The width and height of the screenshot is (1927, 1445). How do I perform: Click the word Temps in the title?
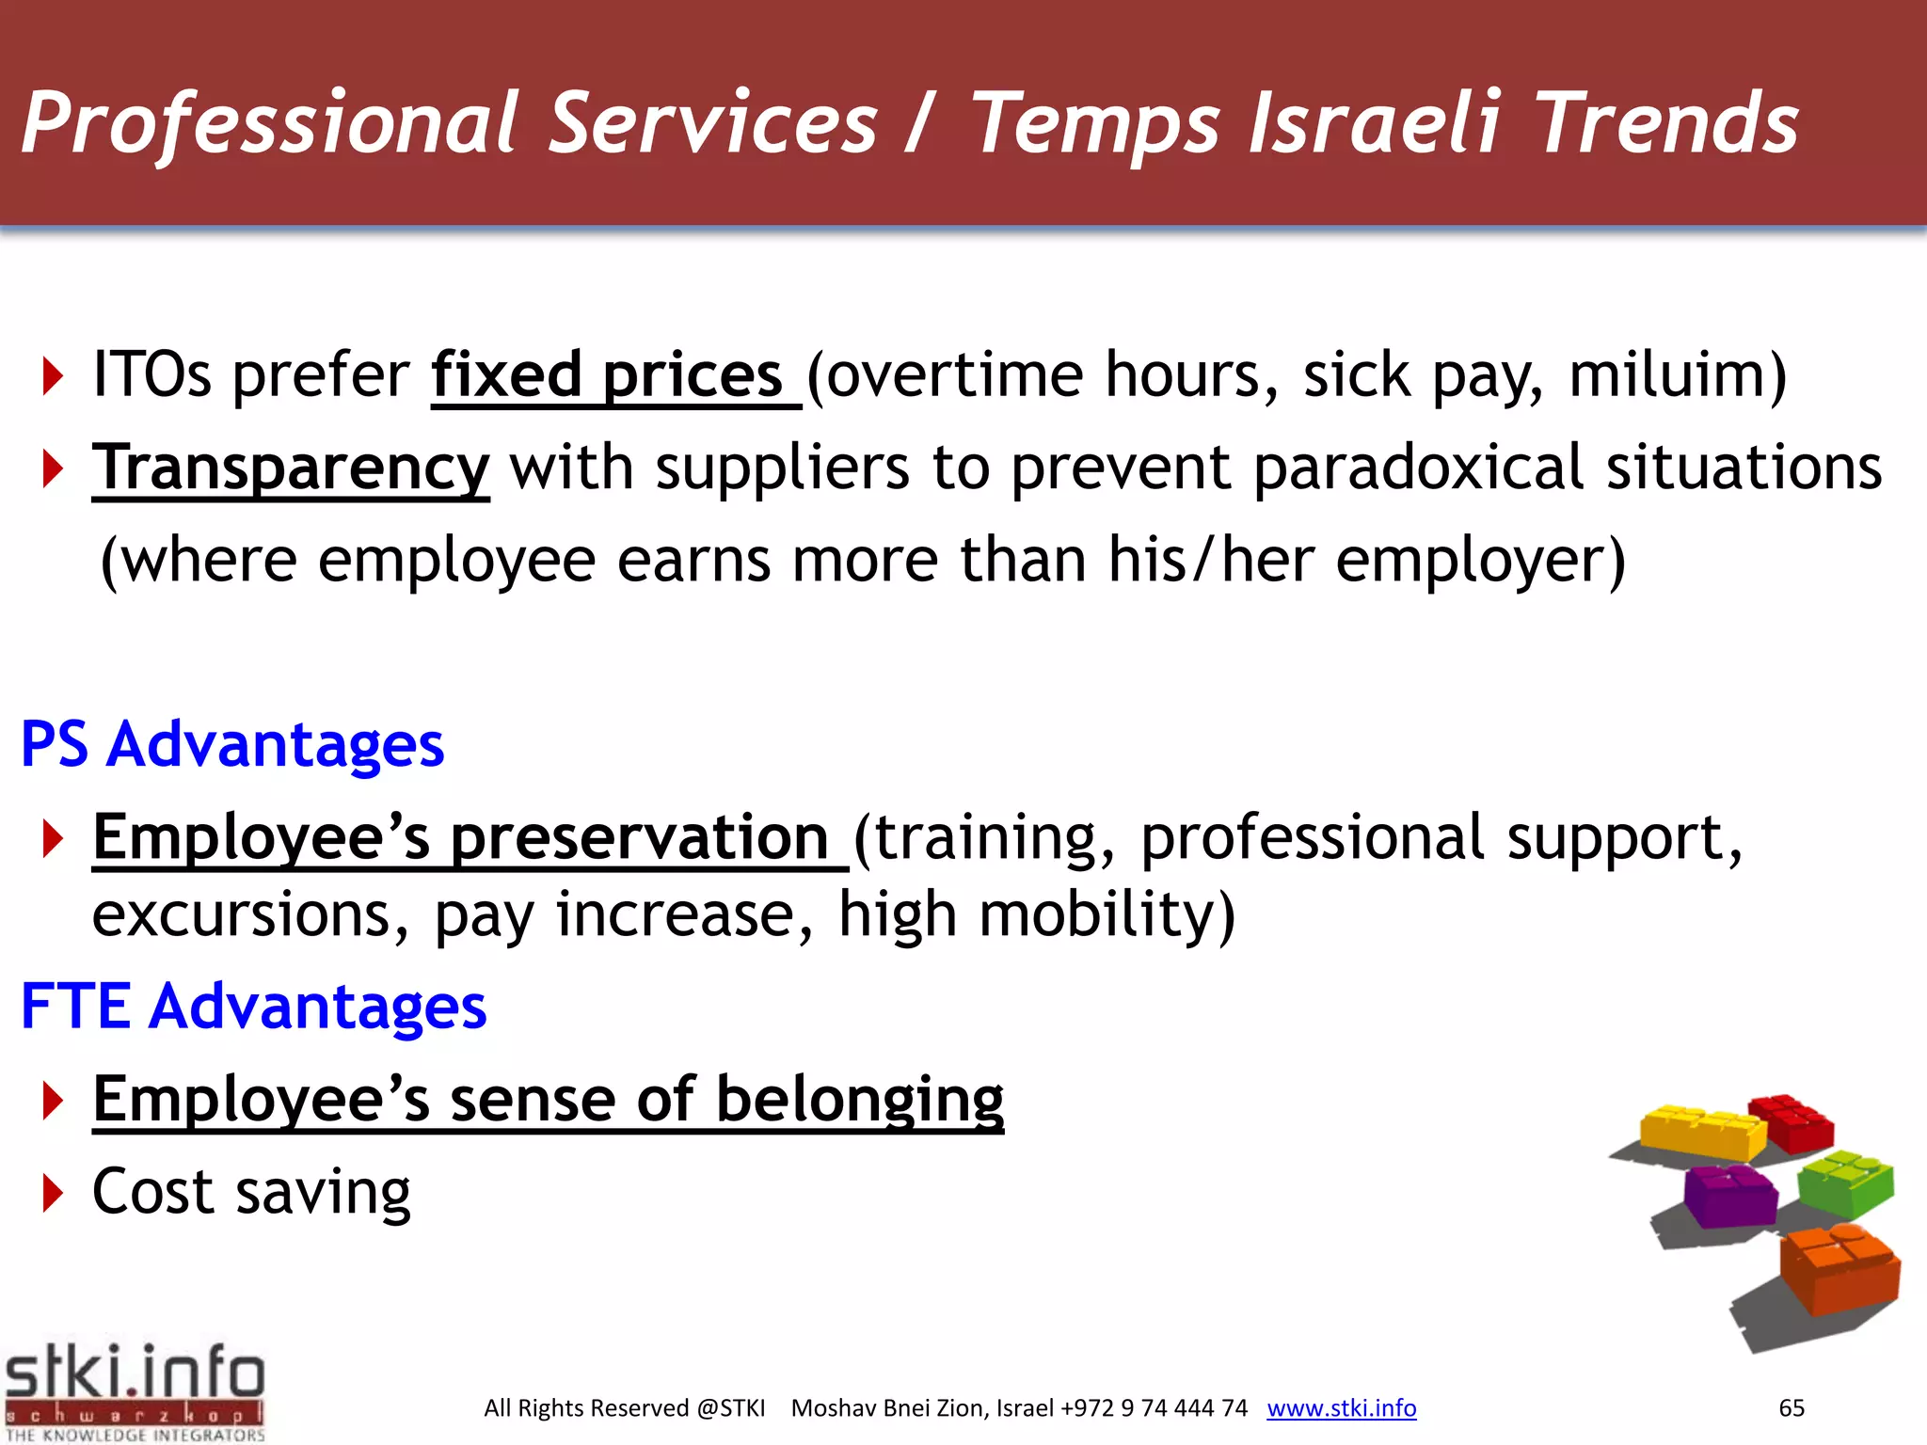pos(1094,125)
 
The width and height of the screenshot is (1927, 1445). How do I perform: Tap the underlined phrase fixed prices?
pos(607,375)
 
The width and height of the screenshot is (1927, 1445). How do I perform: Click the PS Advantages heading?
pos(232,744)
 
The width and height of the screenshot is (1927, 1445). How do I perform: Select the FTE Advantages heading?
pos(253,1006)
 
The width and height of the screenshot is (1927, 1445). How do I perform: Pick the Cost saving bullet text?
pos(251,1192)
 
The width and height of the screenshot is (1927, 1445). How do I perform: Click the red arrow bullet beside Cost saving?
pos(53,1193)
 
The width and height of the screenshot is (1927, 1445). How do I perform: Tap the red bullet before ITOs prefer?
pos(53,376)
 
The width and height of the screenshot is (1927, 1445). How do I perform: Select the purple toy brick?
pos(1729,1195)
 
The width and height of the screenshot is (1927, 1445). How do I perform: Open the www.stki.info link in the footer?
pos(1341,1407)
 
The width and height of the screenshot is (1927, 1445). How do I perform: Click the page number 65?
pos(1791,1407)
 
